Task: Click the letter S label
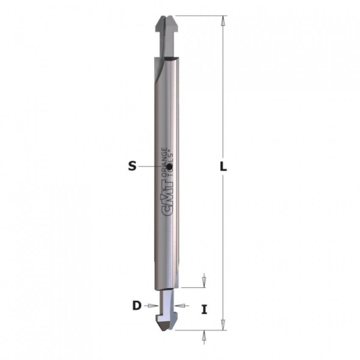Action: pos(132,166)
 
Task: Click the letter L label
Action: pos(223,166)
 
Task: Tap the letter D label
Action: pos(137,305)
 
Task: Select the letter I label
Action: pos(204,310)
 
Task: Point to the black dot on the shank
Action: pos(169,166)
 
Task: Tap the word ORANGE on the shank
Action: pos(164,163)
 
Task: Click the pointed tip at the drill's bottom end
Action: pos(166,330)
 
